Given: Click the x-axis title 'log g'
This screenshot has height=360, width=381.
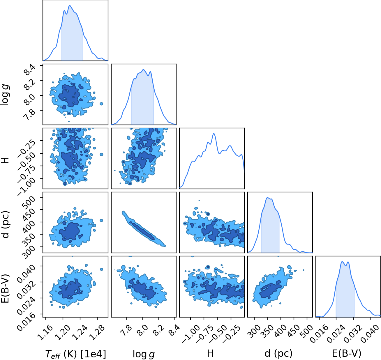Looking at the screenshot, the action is click(144, 354).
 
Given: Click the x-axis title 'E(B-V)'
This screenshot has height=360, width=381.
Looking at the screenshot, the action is click(347, 353).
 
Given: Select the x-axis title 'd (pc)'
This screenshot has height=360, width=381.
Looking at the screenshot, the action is click(278, 353).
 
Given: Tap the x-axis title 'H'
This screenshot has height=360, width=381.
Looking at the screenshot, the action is click(210, 353).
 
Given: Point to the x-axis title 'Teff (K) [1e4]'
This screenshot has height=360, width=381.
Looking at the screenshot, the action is click(75, 354).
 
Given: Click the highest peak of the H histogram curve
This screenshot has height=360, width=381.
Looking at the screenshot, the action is click(214, 134).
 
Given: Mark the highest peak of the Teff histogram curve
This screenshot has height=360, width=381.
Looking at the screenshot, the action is click(70, 6).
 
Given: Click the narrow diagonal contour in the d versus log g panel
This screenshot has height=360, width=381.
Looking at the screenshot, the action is click(143, 229).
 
